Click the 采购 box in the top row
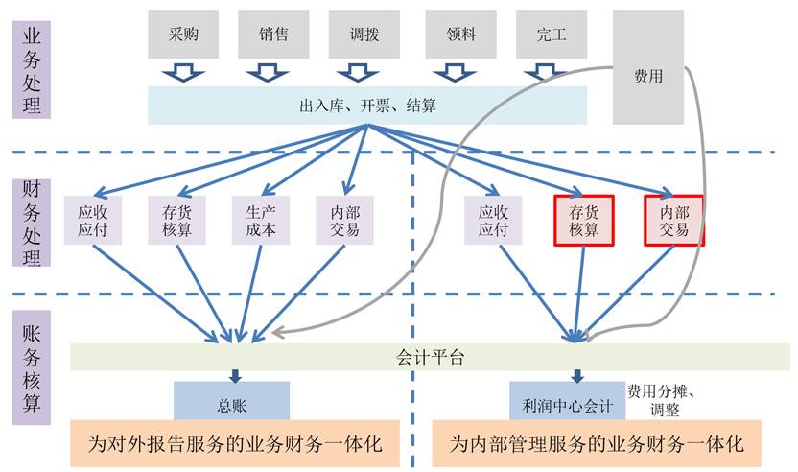(182, 35)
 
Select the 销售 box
(273, 35)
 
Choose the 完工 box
(552, 35)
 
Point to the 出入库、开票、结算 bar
(367, 105)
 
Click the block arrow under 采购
(182, 72)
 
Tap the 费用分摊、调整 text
(668, 400)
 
